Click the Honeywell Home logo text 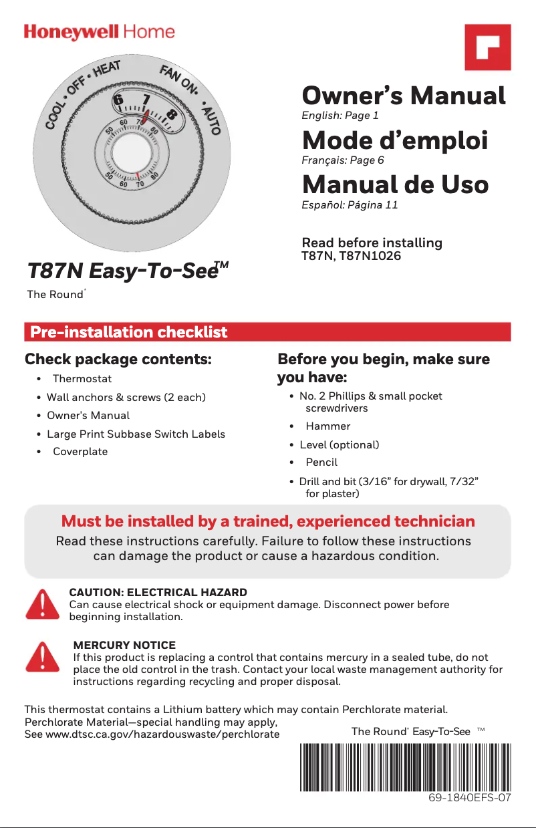(100, 32)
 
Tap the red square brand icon (488, 47)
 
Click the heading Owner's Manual (404, 96)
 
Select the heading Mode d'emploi (395, 141)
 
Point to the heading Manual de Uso (395, 184)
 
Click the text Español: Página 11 (350, 205)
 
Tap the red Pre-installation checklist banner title (129, 332)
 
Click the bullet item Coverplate (80, 451)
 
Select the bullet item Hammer (327, 426)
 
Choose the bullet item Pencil (321, 462)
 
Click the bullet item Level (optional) (339, 444)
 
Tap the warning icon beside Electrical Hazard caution (42, 604)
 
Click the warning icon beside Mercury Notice (42, 657)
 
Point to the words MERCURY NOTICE (124, 645)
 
